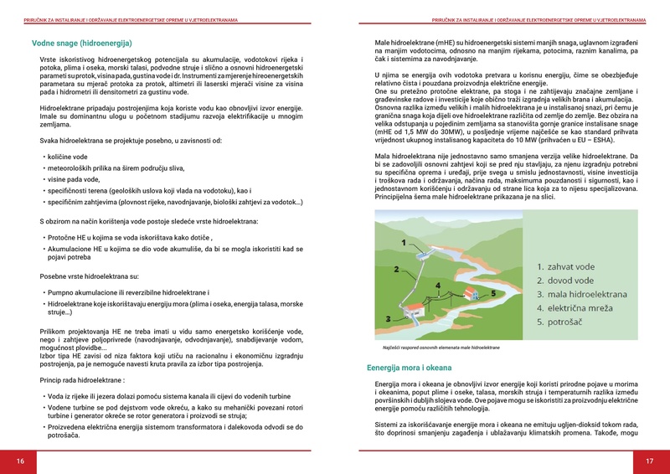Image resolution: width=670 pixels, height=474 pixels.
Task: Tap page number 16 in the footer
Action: (x=20, y=461)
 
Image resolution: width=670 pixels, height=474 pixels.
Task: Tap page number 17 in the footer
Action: (x=649, y=461)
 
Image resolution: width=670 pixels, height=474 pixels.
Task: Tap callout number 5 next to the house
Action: (x=493, y=293)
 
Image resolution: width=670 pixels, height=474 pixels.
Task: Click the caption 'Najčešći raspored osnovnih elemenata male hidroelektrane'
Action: (x=441, y=347)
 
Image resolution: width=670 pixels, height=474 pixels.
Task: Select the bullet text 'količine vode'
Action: (x=70, y=156)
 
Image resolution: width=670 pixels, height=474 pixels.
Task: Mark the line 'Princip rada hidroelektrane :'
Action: (x=82, y=379)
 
